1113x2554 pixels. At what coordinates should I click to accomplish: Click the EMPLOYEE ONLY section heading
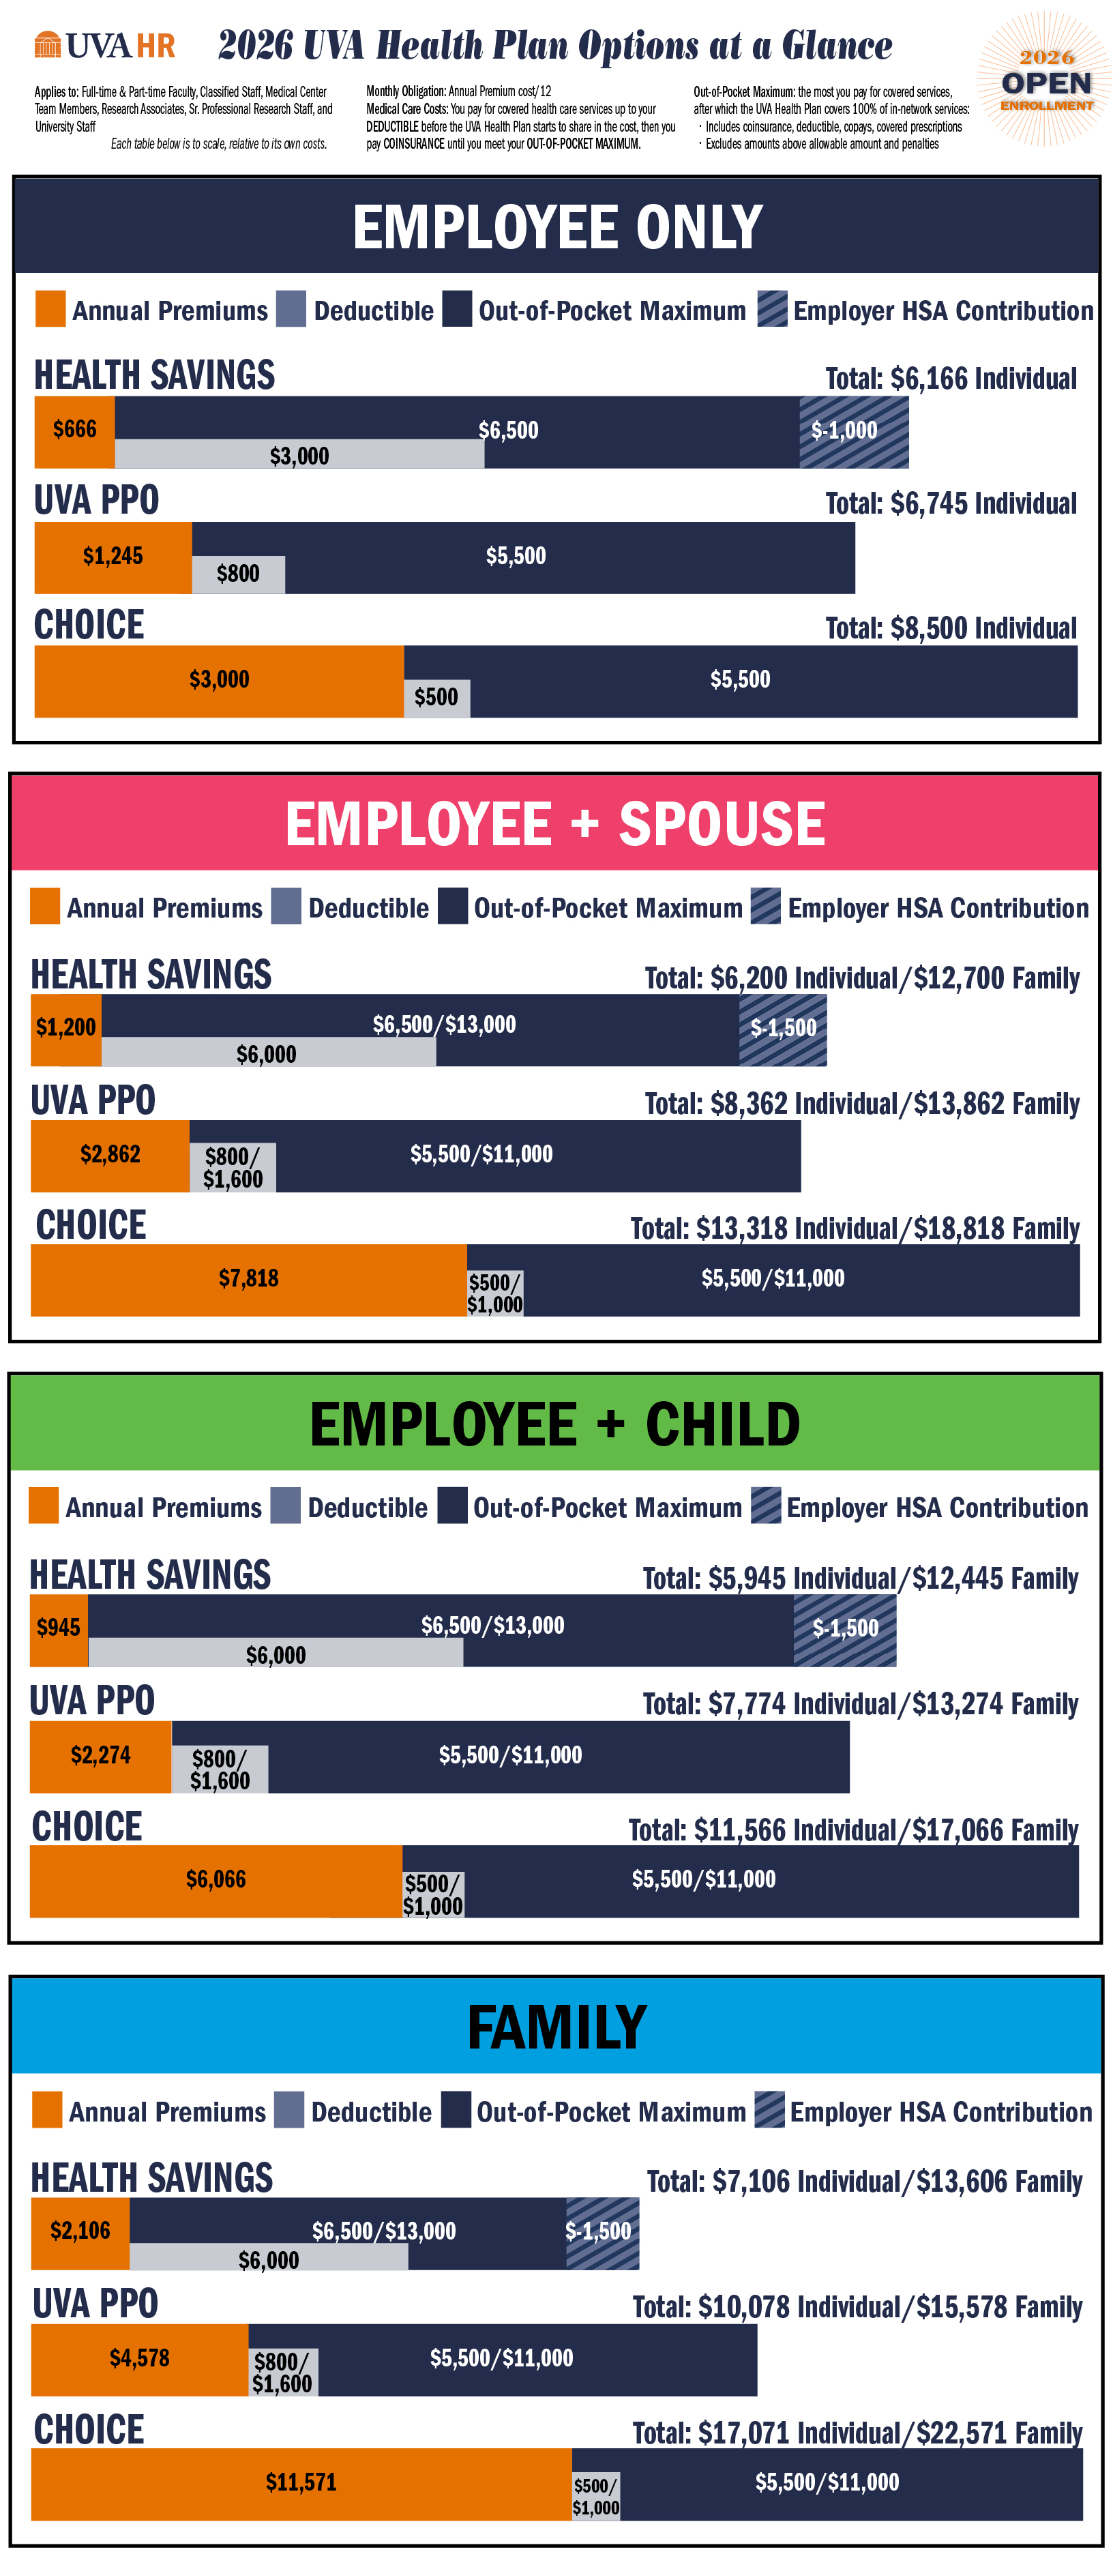click(x=557, y=227)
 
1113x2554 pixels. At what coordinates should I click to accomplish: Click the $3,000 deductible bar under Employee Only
click(x=299, y=455)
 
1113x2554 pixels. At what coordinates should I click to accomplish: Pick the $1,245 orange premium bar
click(x=113, y=557)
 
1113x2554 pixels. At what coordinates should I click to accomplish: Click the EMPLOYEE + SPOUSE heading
click(x=555, y=824)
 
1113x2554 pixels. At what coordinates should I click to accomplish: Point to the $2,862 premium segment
click(x=110, y=1155)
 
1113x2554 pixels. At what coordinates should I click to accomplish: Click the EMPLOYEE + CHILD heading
click(x=555, y=1424)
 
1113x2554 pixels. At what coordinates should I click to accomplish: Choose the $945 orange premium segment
click(x=59, y=1628)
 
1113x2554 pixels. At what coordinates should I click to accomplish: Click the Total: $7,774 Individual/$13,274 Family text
click(x=859, y=1703)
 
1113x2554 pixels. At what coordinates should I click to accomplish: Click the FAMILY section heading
click(x=557, y=2027)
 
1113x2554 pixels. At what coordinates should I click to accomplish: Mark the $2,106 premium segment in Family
click(x=80, y=2232)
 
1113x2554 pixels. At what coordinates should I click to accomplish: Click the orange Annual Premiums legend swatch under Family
click(x=46, y=2110)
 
